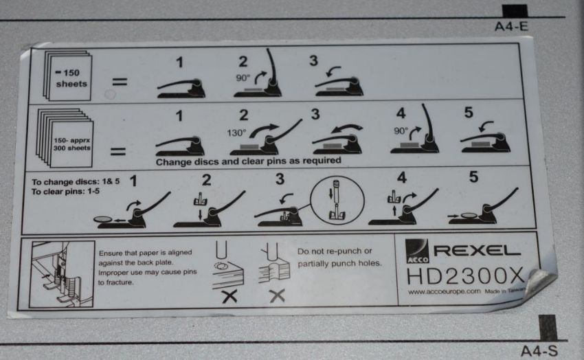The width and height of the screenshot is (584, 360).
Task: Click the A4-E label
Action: point(511,26)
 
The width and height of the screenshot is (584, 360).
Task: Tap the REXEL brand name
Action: point(477,251)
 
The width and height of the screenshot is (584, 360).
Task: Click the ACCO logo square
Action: point(417,251)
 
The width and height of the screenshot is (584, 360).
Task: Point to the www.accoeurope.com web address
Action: point(444,291)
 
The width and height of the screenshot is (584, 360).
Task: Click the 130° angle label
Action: point(236,133)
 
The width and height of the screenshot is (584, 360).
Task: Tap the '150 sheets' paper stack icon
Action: point(67,76)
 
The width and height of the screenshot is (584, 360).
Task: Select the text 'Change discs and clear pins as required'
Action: point(249,161)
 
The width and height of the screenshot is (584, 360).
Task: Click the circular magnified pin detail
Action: point(337,201)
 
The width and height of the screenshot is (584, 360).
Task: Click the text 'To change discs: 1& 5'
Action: point(76,181)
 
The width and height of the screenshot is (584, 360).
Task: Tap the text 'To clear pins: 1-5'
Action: point(65,192)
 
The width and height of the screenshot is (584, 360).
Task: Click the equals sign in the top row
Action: point(120,82)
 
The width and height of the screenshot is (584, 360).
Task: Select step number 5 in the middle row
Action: point(469,113)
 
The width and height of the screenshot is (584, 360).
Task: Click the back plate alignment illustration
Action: point(61,273)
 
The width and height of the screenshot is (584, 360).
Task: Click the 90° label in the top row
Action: point(243,78)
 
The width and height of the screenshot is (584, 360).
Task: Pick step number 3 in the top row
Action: point(313,60)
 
